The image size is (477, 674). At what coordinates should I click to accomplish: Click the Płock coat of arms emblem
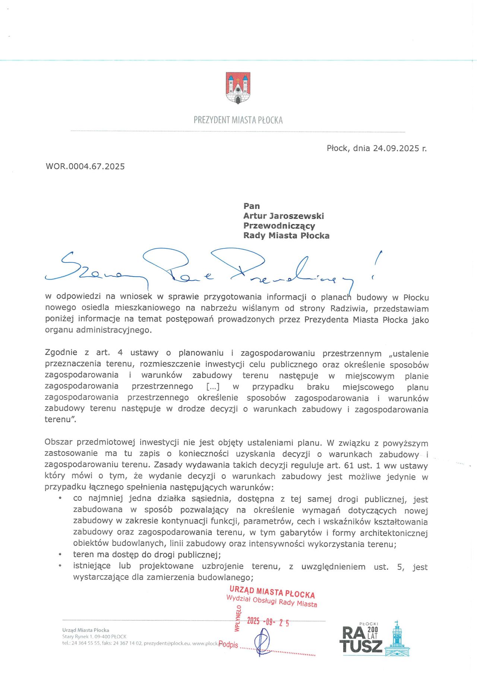coord(238,88)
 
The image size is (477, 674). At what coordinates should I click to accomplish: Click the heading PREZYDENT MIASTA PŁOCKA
coord(238,120)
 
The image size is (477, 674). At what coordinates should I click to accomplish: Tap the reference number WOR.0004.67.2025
coord(85,166)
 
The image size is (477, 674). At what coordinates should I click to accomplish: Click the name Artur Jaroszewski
coord(284,216)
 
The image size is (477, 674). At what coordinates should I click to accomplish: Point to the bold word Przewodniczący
coord(279,226)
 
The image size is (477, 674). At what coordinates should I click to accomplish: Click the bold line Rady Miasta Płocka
coord(286,236)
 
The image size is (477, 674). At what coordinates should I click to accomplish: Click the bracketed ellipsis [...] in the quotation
coord(213,387)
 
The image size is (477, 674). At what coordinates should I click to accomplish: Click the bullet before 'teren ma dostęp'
coord(60,555)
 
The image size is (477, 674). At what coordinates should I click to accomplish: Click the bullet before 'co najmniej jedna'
coord(60,499)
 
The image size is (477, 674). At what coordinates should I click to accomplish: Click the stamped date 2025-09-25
coord(268,621)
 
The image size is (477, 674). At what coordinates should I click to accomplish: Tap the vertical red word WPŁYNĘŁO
coord(237,619)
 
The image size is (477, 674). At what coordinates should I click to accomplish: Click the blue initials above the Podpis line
coord(263,641)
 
